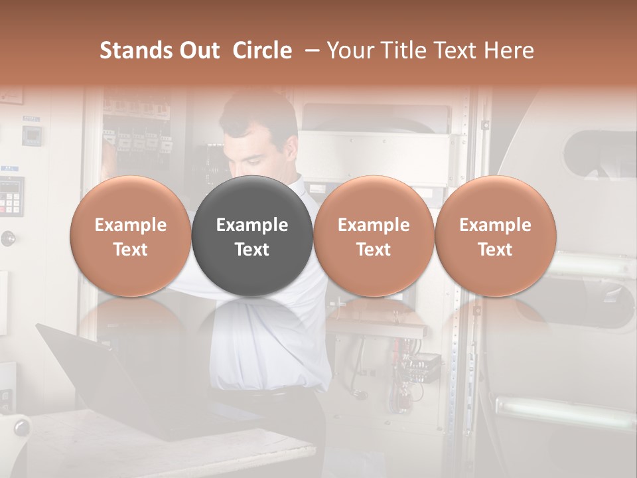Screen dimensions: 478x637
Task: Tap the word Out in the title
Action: coord(198,50)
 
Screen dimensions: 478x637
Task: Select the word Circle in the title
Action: coord(262,50)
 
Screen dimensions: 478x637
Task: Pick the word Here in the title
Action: coord(509,50)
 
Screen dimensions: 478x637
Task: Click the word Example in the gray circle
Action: coord(252,225)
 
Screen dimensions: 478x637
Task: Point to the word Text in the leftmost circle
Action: coord(130,250)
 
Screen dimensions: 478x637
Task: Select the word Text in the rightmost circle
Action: coord(496,250)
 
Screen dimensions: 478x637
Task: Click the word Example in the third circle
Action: coord(374,225)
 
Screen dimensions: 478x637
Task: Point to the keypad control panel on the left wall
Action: coord(11,196)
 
